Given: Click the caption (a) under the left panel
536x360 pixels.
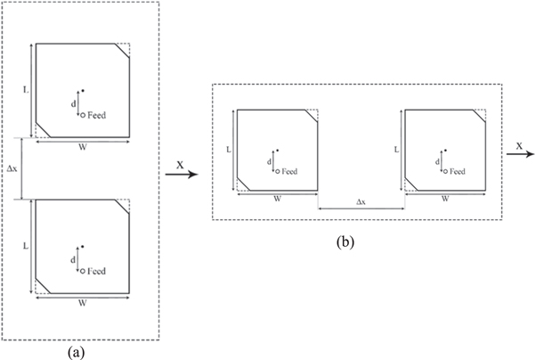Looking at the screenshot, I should (x=76, y=351).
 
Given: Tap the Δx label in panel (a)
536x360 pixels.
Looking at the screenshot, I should (x=11, y=167).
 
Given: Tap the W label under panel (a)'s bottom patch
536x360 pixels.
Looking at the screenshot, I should (x=83, y=303).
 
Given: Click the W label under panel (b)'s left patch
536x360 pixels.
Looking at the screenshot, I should (x=278, y=199).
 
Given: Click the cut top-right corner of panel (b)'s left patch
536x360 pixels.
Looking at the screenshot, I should (x=313, y=116).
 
